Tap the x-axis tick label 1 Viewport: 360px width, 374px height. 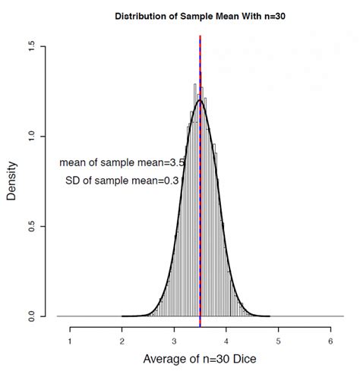[x=71, y=342]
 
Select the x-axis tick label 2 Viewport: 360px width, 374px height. [x=122, y=342]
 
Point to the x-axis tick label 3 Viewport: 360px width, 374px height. [x=174, y=342]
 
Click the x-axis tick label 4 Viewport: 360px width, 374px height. [x=226, y=342]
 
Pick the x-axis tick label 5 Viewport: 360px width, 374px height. [x=278, y=342]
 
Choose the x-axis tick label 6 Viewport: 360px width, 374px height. [x=330, y=342]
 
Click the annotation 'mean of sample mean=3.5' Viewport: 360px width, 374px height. [x=122, y=162]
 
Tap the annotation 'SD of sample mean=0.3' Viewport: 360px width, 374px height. [x=122, y=181]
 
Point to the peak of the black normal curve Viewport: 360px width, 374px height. [x=200, y=100]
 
